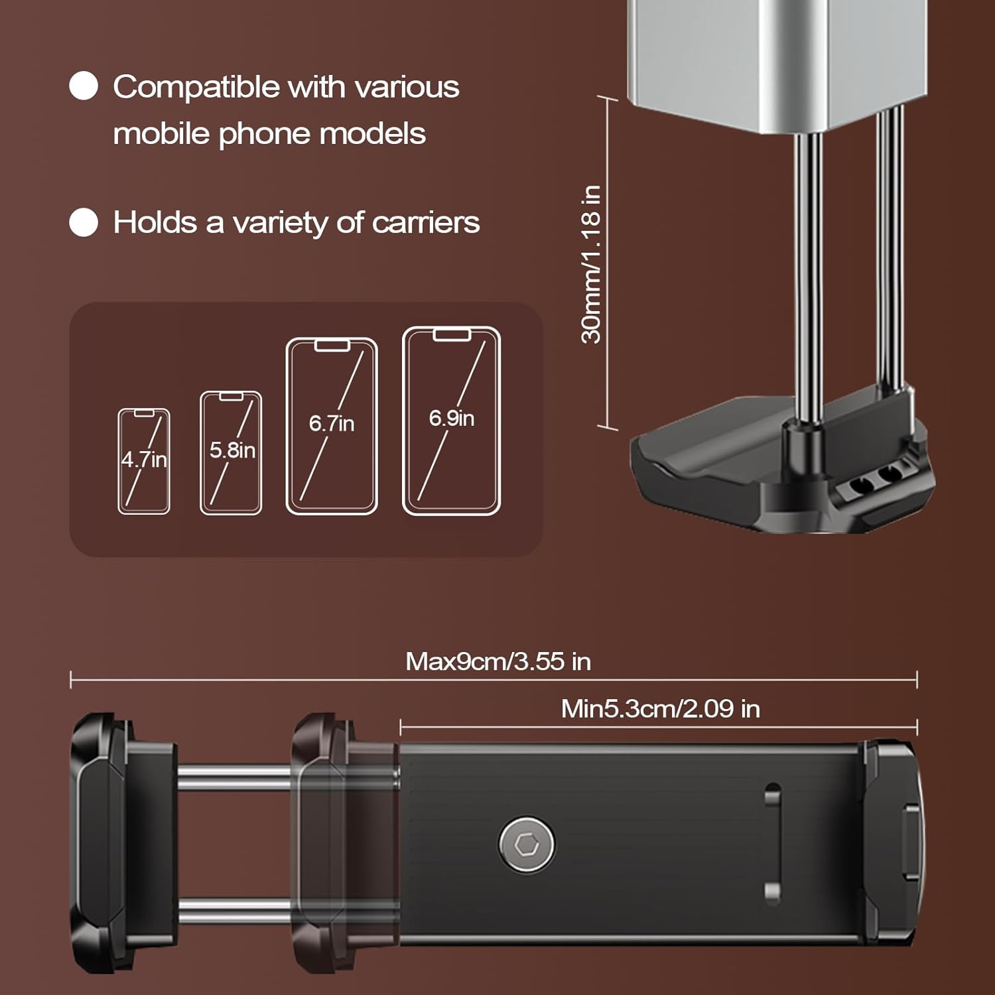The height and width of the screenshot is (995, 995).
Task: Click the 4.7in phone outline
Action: click(144, 461)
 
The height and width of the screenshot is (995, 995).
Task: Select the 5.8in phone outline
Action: click(231, 453)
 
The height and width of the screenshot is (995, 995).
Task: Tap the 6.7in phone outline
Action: click(332, 426)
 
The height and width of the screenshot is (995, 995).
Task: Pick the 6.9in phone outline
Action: click(452, 421)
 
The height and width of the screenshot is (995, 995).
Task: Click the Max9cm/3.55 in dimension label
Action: click(498, 661)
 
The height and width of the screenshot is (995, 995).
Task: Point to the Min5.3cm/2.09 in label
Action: click(661, 708)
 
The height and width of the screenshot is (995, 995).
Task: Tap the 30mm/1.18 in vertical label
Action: click(591, 264)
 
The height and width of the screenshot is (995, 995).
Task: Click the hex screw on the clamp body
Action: click(527, 844)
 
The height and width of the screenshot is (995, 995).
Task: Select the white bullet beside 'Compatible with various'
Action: click(84, 86)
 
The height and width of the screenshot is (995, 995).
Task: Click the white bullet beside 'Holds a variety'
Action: click(84, 222)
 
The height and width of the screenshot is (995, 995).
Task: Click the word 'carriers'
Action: click(426, 222)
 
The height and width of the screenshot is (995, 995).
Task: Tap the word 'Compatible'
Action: click(196, 88)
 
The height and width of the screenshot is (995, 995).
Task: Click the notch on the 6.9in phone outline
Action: click(452, 334)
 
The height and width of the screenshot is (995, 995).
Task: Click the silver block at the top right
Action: click(777, 63)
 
